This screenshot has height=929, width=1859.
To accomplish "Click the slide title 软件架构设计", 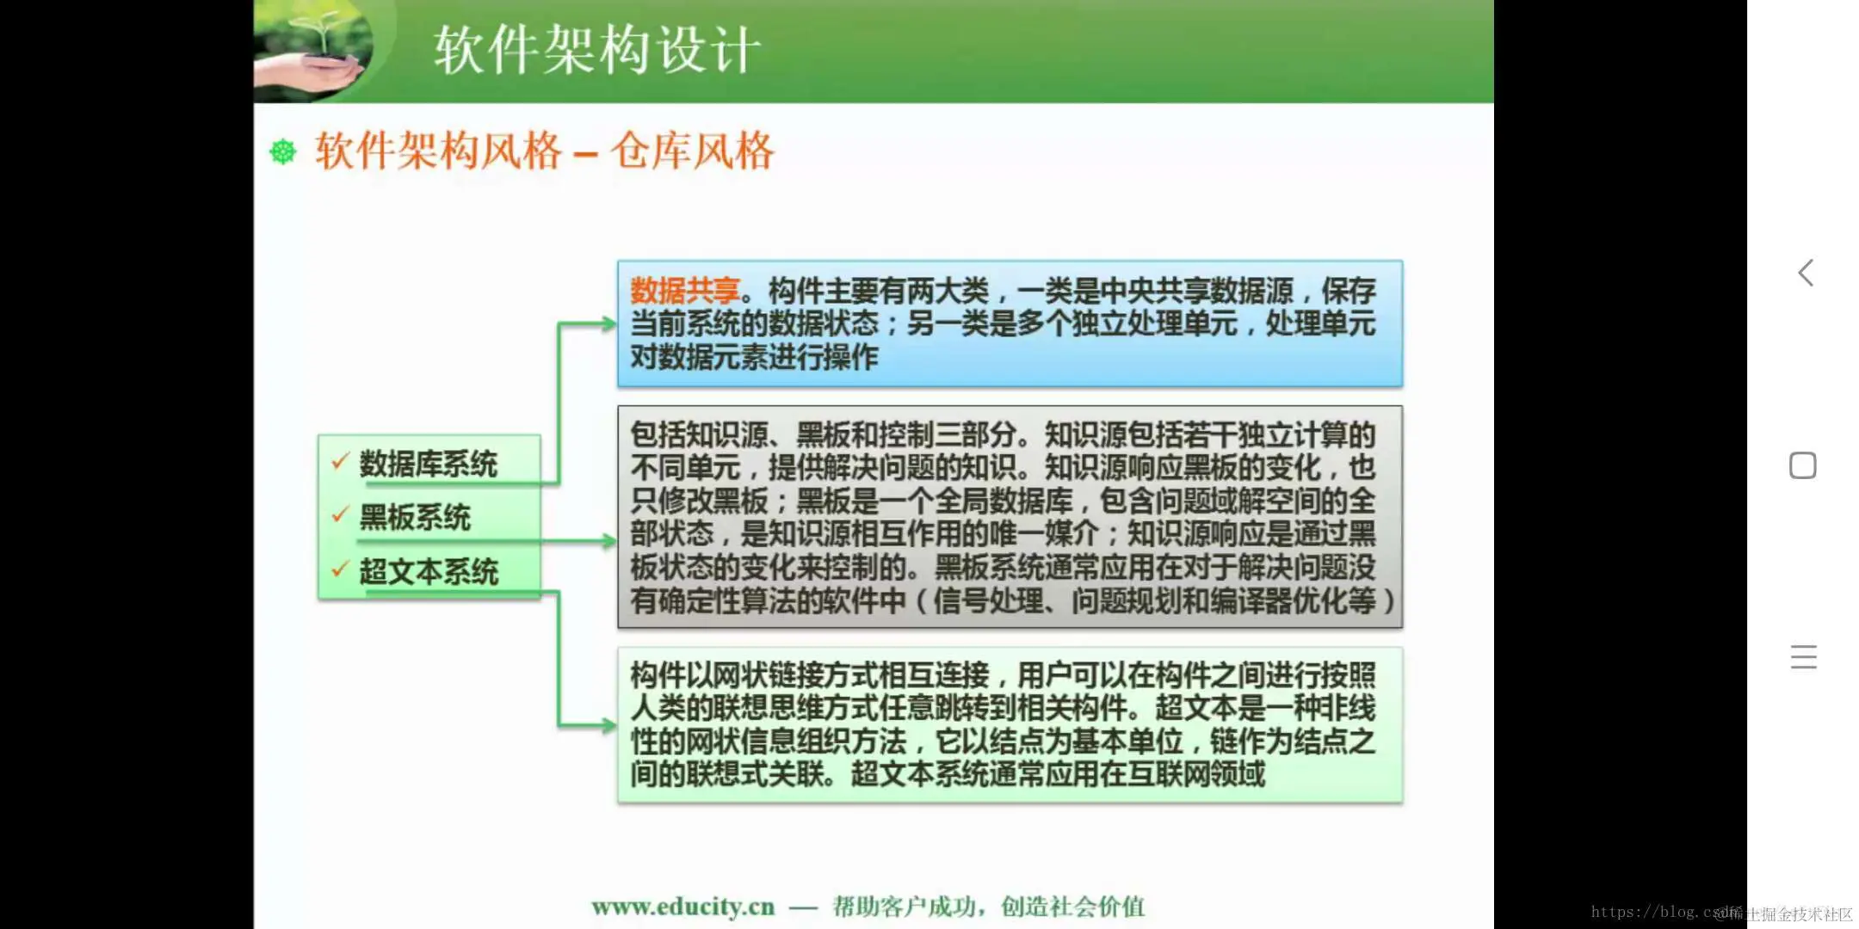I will (x=596, y=50).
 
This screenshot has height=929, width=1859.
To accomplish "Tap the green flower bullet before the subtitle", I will (x=283, y=152).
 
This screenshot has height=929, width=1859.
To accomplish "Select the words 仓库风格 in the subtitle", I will (x=692, y=151).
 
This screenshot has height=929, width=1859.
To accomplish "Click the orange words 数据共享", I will (x=685, y=291).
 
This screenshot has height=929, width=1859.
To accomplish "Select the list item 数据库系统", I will (x=428, y=464).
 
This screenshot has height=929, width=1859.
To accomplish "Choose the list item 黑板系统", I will (x=414, y=518).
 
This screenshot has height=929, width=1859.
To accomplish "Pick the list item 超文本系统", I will (x=429, y=572).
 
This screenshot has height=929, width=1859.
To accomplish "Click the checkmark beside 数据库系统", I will (x=340, y=462).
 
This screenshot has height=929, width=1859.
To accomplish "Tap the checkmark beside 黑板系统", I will (x=340, y=515).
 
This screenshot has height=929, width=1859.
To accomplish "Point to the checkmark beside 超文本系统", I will (x=340, y=569).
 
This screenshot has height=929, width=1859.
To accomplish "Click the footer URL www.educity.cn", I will (x=682, y=907).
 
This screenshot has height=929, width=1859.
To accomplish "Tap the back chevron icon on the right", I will (x=1806, y=274).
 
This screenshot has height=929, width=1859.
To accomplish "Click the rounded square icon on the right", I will (x=1803, y=465).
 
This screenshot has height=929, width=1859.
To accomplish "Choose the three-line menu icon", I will (x=1803, y=657).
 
